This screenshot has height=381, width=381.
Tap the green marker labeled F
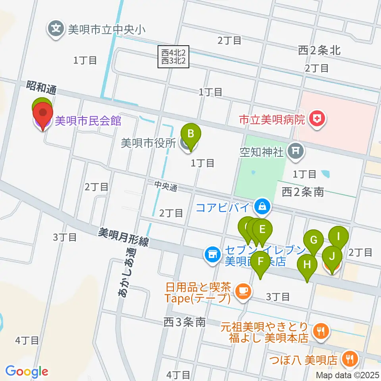click(x=261, y=262)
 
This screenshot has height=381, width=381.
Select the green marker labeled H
click(x=307, y=265)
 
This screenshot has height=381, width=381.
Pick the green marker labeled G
click(x=314, y=241)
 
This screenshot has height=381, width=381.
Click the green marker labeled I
click(x=339, y=237)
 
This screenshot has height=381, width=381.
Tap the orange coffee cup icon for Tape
click(x=241, y=292)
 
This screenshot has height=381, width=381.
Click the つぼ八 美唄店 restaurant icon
click(x=350, y=359)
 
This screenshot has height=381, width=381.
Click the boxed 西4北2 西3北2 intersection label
click(x=173, y=57)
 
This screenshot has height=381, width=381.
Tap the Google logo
click(x=27, y=371)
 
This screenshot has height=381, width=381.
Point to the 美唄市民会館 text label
click(x=88, y=121)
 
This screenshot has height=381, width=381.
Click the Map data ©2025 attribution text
click(x=346, y=375)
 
